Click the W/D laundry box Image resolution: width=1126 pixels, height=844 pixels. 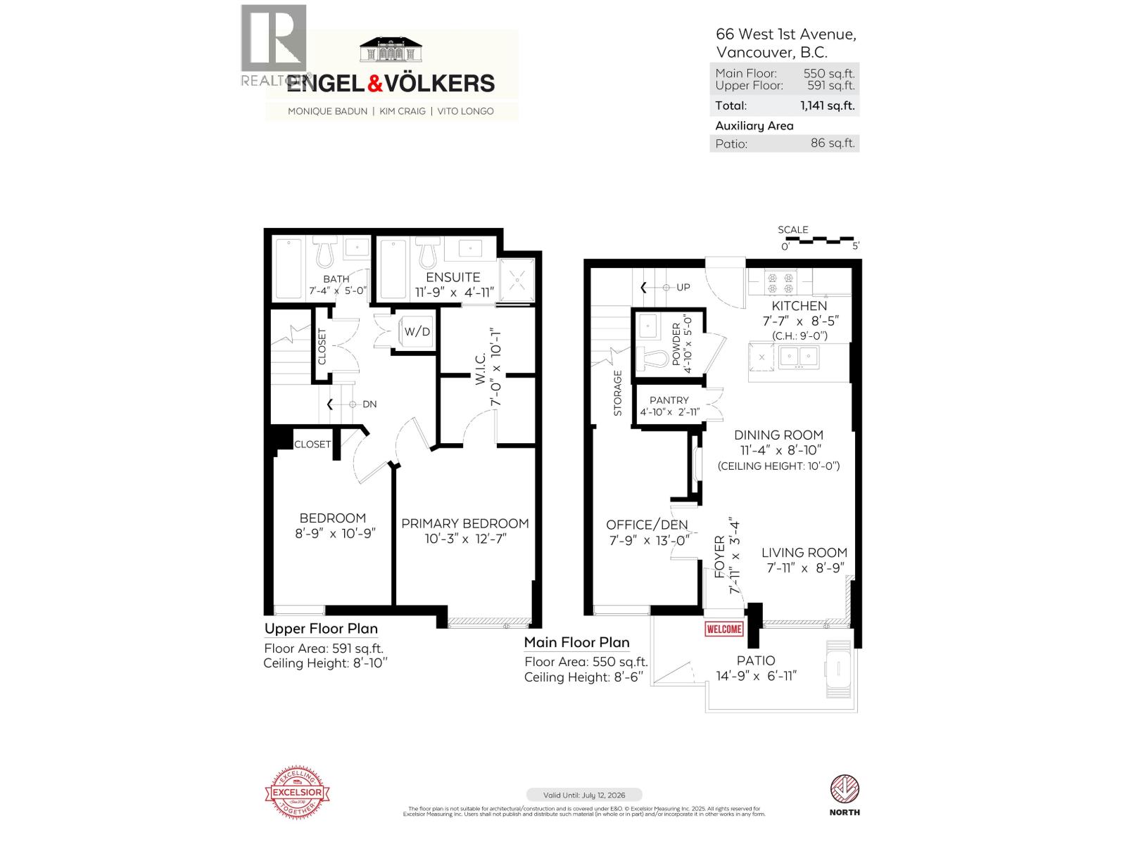coord(417,331)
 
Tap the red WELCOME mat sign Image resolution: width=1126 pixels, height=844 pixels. coord(723,629)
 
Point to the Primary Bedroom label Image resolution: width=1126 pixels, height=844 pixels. coord(465,523)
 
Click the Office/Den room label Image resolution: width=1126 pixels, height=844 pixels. coord(647,525)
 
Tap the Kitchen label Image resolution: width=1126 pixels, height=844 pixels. coord(799,306)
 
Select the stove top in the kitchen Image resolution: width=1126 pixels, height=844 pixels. coord(780,283)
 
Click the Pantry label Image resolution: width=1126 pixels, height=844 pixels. coord(669,400)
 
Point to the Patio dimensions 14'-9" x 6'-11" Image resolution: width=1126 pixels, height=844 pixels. coord(756,676)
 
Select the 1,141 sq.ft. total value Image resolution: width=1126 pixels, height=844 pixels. coord(827,105)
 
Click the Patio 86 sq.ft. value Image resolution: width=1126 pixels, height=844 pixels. coord(833,143)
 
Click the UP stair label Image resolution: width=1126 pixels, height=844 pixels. coord(683,288)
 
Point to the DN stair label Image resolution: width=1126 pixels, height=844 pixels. coord(369,404)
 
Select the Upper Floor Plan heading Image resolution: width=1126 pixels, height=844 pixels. coord(321,629)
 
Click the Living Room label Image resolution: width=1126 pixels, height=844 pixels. coord(804,553)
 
